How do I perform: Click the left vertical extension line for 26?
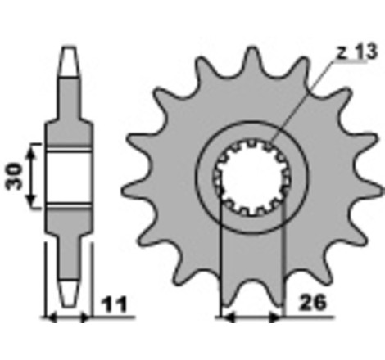(223, 262)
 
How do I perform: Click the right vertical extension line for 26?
(283, 262)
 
